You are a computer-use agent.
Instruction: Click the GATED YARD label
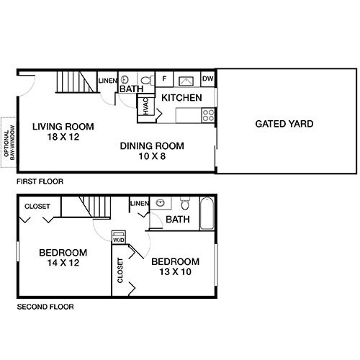[x=284, y=124]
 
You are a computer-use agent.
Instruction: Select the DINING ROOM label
[x=152, y=145]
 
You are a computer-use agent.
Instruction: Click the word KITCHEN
[x=181, y=98]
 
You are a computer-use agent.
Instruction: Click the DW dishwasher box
[x=208, y=79]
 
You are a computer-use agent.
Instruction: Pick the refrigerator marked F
[x=164, y=79]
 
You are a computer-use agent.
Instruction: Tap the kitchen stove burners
[x=209, y=113]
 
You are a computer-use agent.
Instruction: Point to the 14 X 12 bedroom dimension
[x=63, y=265]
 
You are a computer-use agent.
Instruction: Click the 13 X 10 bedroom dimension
[x=175, y=273]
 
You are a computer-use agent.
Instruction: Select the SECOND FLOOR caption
[x=45, y=307]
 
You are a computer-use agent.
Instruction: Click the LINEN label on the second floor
[x=139, y=204]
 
